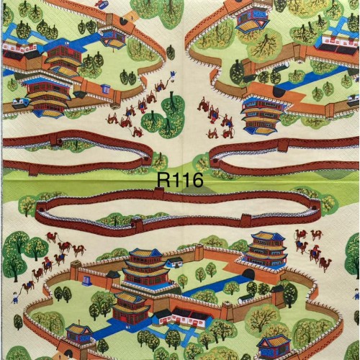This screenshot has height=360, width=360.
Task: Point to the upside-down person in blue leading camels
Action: point(173,75)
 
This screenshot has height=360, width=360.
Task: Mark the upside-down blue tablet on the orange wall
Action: point(106,89)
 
